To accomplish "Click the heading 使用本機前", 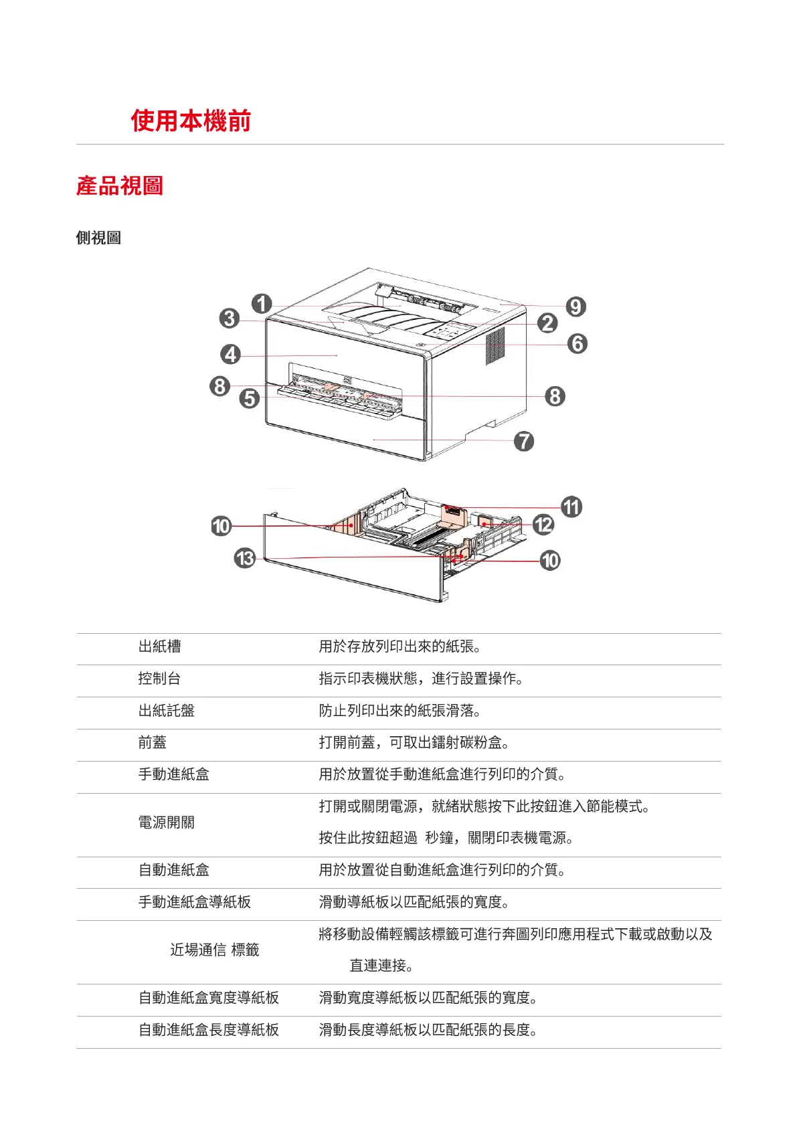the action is point(191,121).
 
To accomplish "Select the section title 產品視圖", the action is point(120,185).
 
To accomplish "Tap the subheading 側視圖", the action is point(98,238).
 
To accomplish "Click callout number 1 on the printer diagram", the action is point(262,304).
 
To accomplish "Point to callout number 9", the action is point(575,307).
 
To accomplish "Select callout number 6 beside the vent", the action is point(577,344).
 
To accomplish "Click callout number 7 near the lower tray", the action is point(523,441).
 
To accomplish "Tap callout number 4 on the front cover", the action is point(231,354).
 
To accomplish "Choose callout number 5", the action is point(250,399).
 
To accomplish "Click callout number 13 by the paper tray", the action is point(245,557).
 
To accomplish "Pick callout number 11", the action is point(571,507).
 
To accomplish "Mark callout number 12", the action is point(543,525).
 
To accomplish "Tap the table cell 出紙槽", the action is point(160,646).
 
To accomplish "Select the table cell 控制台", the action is point(160,679).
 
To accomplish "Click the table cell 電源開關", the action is point(167,822).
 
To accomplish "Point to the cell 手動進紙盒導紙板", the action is point(195,902).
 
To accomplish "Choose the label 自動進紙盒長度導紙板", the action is point(209,1030).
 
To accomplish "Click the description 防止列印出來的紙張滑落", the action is point(400,711).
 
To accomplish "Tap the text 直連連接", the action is point(381,966).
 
